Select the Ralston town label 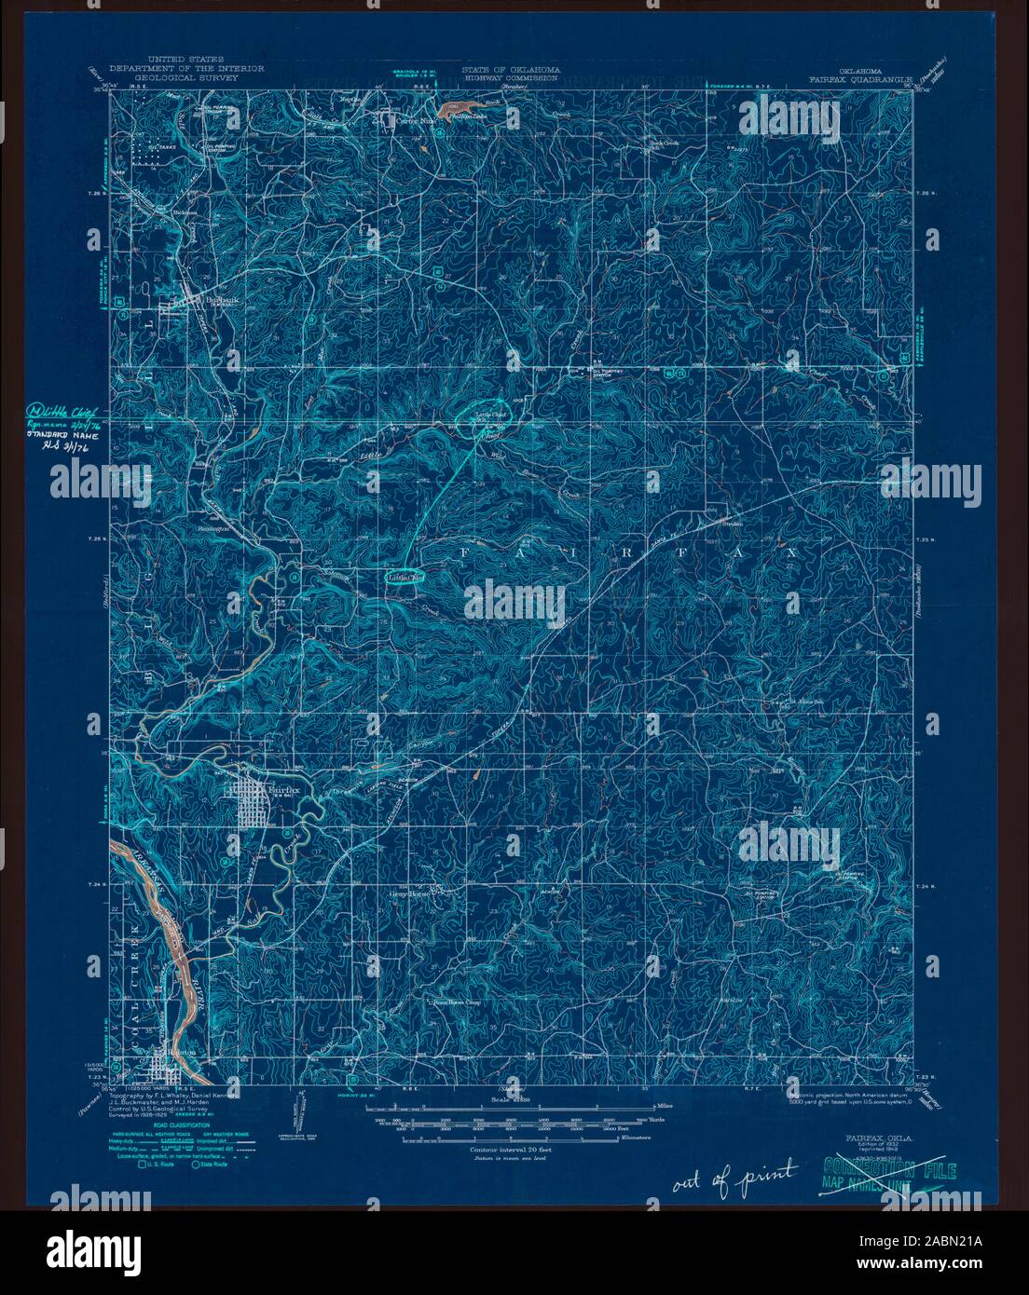pos(183,1048)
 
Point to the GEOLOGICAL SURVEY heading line pos(186,78)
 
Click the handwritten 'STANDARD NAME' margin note pos(67,431)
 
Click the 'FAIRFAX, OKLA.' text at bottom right pos(879,1138)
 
